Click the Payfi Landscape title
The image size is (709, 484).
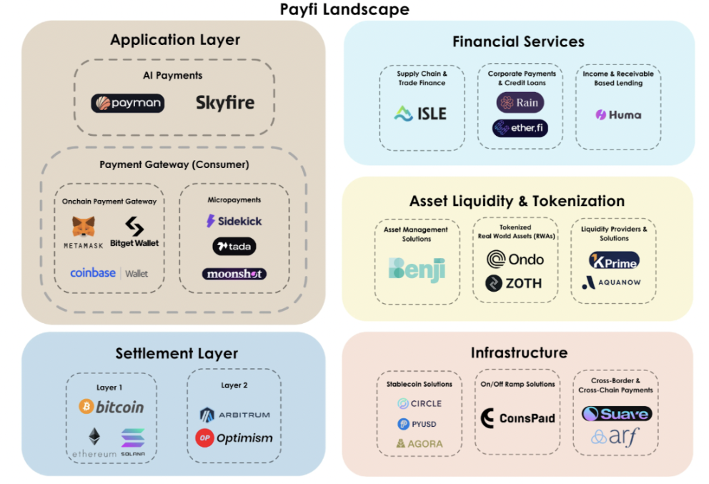tap(344, 9)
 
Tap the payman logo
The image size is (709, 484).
tap(128, 104)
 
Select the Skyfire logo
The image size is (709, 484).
tap(224, 104)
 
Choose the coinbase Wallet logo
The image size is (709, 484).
tap(109, 273)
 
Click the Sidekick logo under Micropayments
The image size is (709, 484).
tap(234, 221)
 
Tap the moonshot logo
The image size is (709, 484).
tap(234, 274)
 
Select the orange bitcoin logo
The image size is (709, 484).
tap(111, 407)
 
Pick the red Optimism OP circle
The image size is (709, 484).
tap(204, 438)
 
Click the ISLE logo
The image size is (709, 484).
tap(420, 114)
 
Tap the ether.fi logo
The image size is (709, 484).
tap(520, 128)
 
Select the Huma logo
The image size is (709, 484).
tap(618, 114)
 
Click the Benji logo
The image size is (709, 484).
tap(417, 270)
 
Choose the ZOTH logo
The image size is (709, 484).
tap(513, 283)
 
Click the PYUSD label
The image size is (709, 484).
tap(417, 424)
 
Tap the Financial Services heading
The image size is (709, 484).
tap(518, 42)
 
